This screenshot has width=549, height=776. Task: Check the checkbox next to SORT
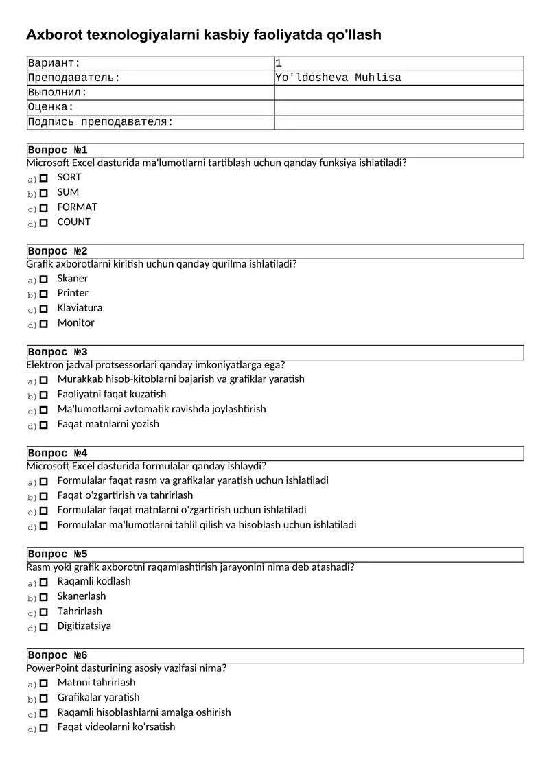tap(44, 178)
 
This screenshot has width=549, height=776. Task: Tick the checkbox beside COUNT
tap(44, 223)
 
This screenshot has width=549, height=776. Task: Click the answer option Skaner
tap(73, 278)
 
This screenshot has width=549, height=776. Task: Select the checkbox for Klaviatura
tap(44, 309)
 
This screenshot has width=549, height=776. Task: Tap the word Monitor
tap(76, 322)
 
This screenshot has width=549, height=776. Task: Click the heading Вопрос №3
tap(58, 353)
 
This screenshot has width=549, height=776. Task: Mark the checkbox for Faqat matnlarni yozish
tap(44, 425)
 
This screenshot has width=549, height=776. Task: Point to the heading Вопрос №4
tap(58, 454)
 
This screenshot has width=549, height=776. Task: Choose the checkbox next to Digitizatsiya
tap(44, 627)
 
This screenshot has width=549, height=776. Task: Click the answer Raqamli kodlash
tap(94, 581)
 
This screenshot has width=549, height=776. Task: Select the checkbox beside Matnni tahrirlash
tap(44, 683)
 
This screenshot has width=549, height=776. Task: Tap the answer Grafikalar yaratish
tap(98, 697)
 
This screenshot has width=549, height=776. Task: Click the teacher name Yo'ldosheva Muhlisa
tap(338, 78)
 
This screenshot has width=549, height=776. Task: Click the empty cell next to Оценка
tap(399, 107)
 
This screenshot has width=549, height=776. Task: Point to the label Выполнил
tap(58, 93)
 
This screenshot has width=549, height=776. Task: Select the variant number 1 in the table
tap(279, 63)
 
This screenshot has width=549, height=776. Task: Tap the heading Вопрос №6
tap(58, 655)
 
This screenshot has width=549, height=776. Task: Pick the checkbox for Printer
tap(44, 294)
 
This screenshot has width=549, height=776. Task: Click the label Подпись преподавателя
tap(100, 122)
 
